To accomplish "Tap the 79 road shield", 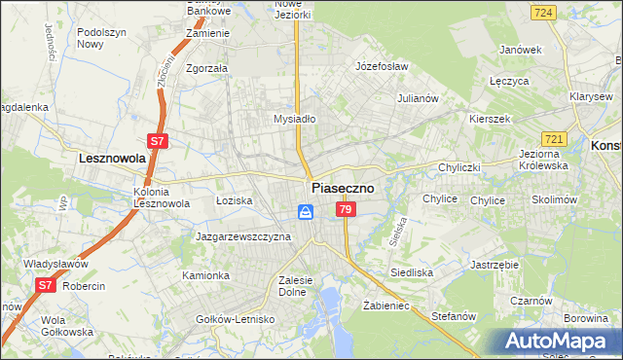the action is coord(345,210).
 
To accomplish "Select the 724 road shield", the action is coord(544,12).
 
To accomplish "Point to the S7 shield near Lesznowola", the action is coord(159,141).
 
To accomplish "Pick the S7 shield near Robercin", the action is coord(46,285).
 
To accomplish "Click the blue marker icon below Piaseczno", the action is coord(306,212).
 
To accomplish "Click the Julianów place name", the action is coord(421,98).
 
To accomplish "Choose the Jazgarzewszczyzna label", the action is coord(243,236).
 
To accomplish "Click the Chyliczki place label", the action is coord(459,167).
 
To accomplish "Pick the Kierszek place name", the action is coord(490,117).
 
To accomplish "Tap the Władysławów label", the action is coord(55,264).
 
